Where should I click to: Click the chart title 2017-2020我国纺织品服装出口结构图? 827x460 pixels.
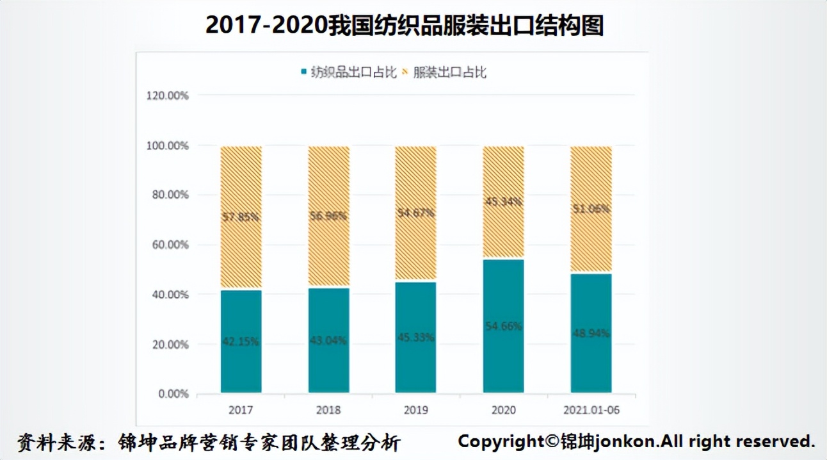[405, 26]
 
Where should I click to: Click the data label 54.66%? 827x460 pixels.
[503, 326]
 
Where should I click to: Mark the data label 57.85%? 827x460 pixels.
[241, 217]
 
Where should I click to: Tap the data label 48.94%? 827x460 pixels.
[591, 333]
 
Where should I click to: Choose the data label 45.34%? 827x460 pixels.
[503, 202]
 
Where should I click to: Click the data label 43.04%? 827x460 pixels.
[328, 340]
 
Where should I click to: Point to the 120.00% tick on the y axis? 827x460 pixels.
[168, 95]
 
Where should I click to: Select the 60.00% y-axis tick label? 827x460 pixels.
[168, 245]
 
